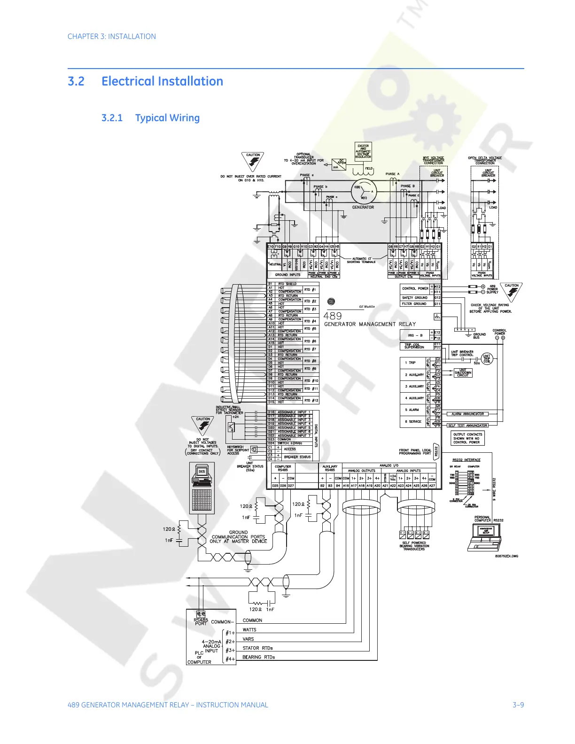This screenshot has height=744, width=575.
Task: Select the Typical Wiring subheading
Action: [x=167, y=118]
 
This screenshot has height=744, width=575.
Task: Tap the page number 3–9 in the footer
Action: [x=518, y=705]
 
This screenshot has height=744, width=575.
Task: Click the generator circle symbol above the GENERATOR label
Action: [x=363, y=191]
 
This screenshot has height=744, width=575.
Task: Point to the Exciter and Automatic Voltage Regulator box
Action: [x=363, y=151]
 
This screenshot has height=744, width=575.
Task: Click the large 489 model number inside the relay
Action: [x=333, y=316]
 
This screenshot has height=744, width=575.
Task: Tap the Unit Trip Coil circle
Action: [x=487, y=359]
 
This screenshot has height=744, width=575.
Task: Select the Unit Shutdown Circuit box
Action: [x=463, y=373]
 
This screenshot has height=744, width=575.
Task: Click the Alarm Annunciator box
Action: [x=467, y=414]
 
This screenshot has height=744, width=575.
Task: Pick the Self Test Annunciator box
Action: [x=467, y=426]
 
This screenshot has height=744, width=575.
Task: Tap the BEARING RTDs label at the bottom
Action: [x=258, y=657]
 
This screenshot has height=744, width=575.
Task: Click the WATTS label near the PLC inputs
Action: [x=249, y=630]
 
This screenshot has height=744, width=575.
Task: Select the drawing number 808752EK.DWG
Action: [x=506, y=556]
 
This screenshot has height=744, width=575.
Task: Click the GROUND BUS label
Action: [x=479, y=336]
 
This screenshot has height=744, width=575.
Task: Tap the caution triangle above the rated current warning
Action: [x=253, y=162]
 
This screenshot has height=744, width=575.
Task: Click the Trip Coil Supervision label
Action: [x=414, y=346]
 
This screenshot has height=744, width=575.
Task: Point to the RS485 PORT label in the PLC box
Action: [x=201, y=621]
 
